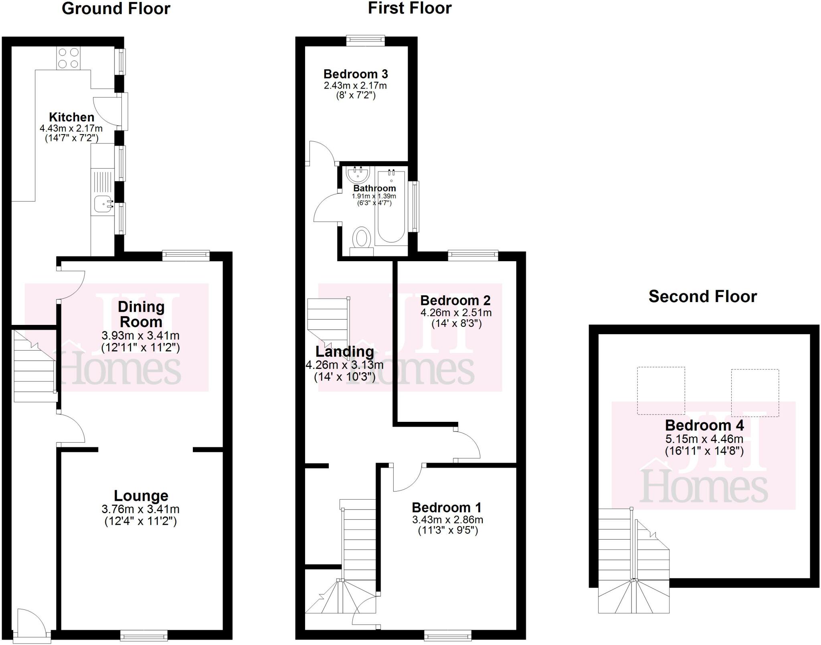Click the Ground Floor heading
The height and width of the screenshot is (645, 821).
tap(116, 9)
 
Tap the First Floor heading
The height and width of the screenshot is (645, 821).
tap(410, 8)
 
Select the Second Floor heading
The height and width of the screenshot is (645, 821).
tap(702, 296)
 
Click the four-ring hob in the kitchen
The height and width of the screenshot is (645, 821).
tap(69, 58)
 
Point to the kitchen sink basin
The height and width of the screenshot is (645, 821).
tap(102, 205)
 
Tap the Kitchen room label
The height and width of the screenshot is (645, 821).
tap(72, 117)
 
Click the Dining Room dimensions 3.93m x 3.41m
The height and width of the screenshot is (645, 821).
tap(140, 335)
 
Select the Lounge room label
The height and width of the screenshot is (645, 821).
tap(141, 496)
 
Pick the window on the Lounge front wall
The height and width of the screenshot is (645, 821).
tap(144, 635)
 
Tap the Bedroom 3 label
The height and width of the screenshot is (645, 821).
tap(356, 74)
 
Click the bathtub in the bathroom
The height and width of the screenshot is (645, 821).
tap(391, 206)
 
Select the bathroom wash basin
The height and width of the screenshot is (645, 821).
tap(358, 174)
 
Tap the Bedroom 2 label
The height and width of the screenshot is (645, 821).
tap(455, 300)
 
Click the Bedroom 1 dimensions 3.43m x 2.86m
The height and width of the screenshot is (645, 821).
tap(447, 520)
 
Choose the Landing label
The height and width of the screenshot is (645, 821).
tap(344, 352)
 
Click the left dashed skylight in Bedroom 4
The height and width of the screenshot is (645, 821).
tap(661, 391)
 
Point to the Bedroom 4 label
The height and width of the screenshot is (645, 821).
tap(704, 425)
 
